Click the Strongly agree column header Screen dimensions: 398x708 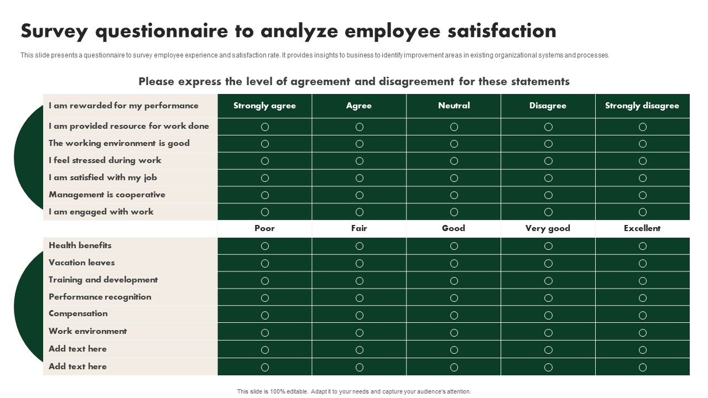264,106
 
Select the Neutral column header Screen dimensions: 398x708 454,106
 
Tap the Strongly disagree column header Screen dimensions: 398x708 642,106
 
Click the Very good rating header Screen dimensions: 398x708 548,228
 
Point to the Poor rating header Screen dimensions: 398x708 264,228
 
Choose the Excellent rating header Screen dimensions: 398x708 642,228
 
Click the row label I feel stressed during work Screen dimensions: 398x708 105,160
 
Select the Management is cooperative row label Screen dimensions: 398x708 107,195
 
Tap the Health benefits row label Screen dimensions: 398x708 80,245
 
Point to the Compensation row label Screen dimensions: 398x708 78,313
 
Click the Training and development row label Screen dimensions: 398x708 103,280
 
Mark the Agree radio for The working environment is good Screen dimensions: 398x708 360,144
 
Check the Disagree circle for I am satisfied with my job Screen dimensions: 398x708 548,178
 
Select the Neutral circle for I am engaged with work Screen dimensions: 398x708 454,212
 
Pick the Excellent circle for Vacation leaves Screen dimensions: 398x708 643,263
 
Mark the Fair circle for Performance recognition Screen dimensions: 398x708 360,298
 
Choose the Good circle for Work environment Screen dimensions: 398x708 454,333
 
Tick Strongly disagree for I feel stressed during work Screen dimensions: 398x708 643,161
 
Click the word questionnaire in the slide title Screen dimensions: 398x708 174,32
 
